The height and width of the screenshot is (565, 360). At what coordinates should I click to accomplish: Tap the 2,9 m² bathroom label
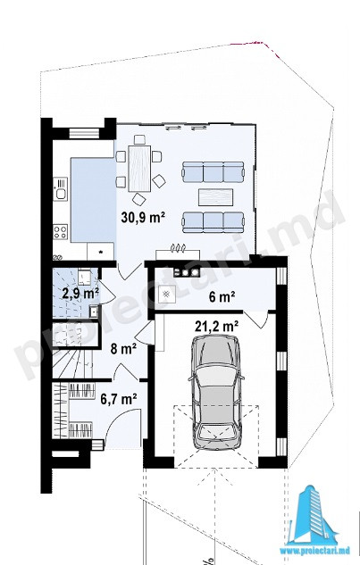(80, 294)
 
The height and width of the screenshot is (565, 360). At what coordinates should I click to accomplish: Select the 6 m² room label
(222, 297)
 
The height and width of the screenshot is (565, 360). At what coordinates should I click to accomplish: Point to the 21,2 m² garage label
(216, 326)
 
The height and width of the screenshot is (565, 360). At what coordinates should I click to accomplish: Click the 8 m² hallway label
(123, 349)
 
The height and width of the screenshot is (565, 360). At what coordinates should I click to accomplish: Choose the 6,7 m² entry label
(119, 399)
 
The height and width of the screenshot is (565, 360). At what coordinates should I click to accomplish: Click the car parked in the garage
(216, 393)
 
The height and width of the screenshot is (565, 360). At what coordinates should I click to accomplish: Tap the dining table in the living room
(139, 168)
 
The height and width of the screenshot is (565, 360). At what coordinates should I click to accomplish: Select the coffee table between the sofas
(215, 197)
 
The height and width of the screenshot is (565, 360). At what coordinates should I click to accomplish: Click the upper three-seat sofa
(213, 172)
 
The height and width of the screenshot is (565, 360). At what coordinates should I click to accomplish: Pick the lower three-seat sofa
(213, 222)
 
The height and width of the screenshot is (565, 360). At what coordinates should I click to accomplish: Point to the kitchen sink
(60, 189)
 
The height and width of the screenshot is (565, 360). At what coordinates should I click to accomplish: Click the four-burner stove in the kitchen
(60, 232)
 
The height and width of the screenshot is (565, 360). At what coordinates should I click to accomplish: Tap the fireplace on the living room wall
(178, 253)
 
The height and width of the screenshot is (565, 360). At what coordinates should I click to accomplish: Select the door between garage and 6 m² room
(257, 320)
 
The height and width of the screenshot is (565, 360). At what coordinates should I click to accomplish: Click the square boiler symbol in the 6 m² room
(166, 295)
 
